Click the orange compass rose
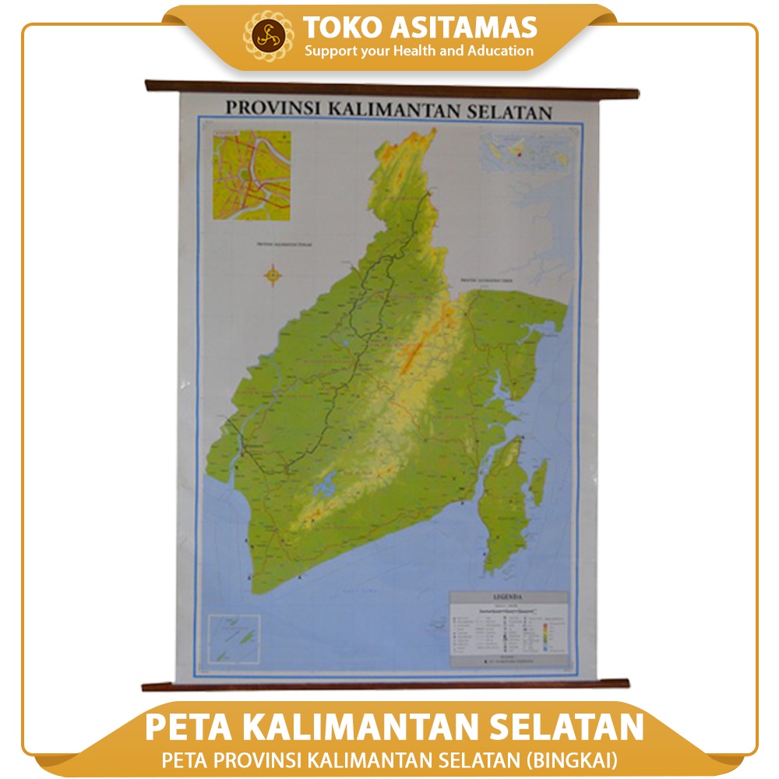[273, 273]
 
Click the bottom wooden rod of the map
[386, 685]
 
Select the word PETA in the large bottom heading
[189, 727]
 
